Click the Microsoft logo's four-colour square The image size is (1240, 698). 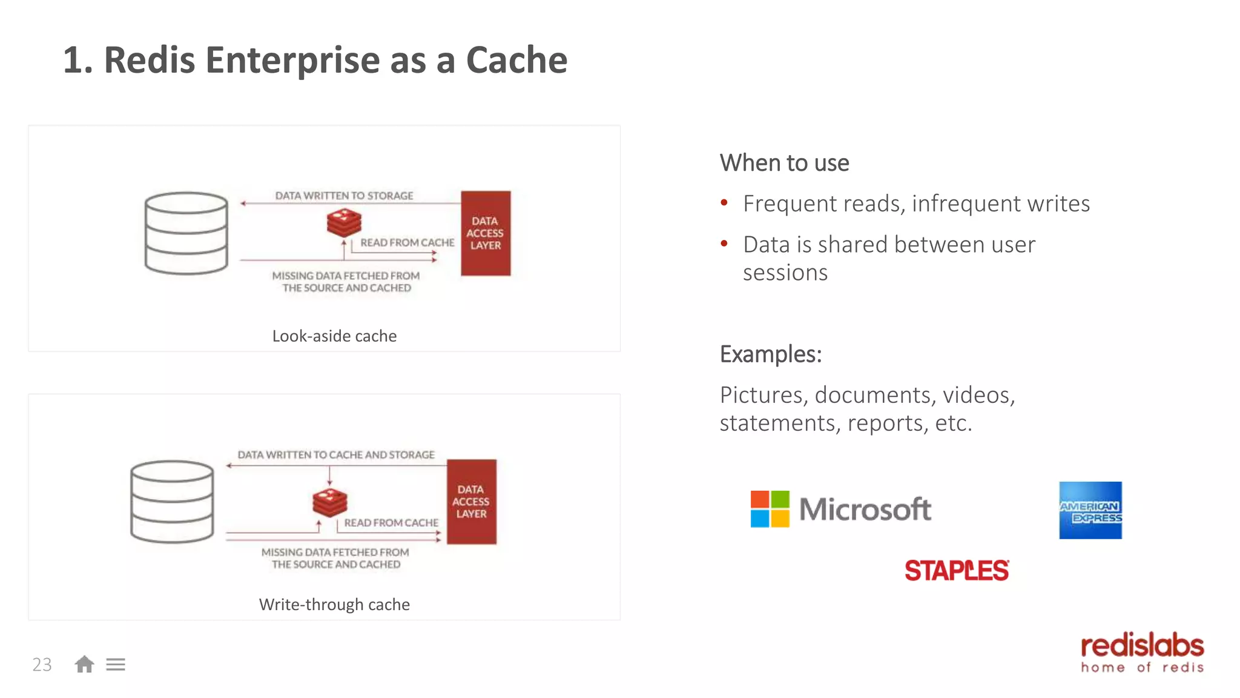pos(770,509)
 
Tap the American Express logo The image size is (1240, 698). pos(1090,510)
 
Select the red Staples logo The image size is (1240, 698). pos(957,570)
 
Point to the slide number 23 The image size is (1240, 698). pos(42,665)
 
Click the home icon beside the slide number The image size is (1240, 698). pos(84,665)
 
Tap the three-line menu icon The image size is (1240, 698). pos(116,665)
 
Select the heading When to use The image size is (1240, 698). pos(784,163)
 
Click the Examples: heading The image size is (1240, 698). pos(770,354)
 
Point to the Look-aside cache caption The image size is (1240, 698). pos(334,336)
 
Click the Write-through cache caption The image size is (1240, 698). pos(334,604)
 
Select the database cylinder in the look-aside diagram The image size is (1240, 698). pos(186,233)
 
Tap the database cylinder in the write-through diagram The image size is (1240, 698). pos(173,502)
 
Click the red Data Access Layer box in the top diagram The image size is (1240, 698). pos(486,233)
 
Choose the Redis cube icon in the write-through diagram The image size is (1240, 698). pos(330,502)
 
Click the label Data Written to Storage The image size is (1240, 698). pos(344,196)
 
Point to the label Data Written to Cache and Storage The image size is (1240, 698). pos(336,454)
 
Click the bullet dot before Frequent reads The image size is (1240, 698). pos(724,203)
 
